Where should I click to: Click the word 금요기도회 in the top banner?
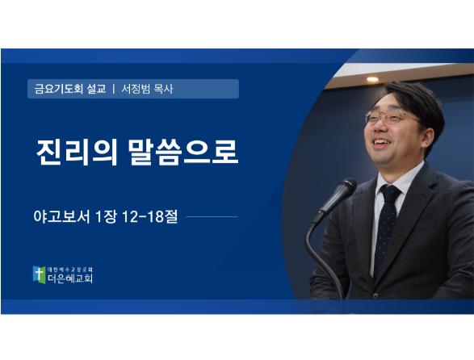tap(59, 89)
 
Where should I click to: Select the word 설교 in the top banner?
tap(96, 89)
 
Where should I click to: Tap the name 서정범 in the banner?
tap(136, 89)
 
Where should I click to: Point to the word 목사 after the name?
tap(164, 89)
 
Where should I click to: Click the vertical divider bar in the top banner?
tap(114, 89)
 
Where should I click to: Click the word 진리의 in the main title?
tap(77, 152)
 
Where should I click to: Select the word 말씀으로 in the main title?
tap(183, 152)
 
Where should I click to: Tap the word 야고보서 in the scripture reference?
tap(61, 216)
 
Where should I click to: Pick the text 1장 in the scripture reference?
tap(106, 216)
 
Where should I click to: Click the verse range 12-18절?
tap(149, 216)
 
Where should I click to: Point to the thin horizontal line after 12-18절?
tap(212, 216)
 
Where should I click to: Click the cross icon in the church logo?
tap(39, 274)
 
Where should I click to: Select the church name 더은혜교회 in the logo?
tap(70, 278)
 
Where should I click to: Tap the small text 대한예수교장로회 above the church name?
tap(69, 270)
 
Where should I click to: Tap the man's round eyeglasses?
tap(390, 118)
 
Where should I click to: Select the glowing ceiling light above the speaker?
tap(372, 79)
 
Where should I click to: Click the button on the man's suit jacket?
tap(375, 295)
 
